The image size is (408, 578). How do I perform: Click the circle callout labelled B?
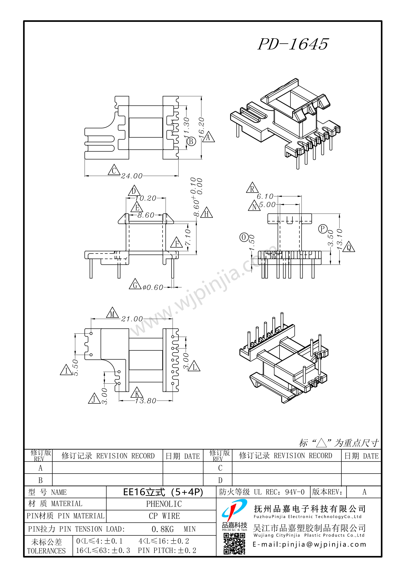[191, 141]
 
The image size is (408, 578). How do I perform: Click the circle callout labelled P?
[323, 229]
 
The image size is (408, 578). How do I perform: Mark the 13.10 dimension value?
[339, 239]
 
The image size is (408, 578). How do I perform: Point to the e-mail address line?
[309, 545]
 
